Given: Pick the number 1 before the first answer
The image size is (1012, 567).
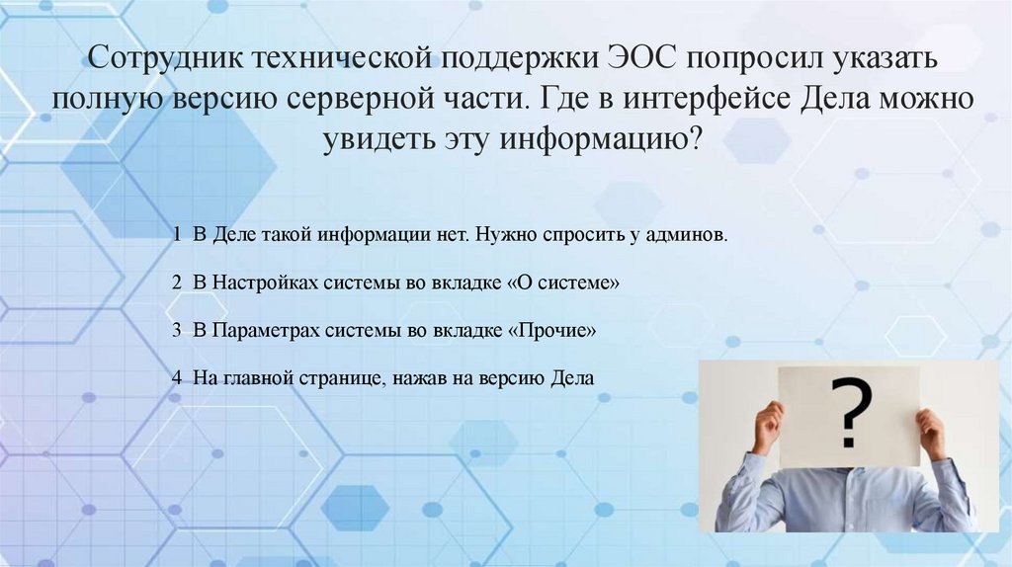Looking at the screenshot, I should pos(175,236).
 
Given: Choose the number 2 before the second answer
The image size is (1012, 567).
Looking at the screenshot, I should pos(175,283).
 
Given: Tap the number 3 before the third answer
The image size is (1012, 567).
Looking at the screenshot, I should pos(175,330).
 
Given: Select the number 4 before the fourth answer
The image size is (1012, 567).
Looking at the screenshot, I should pos(175,377).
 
